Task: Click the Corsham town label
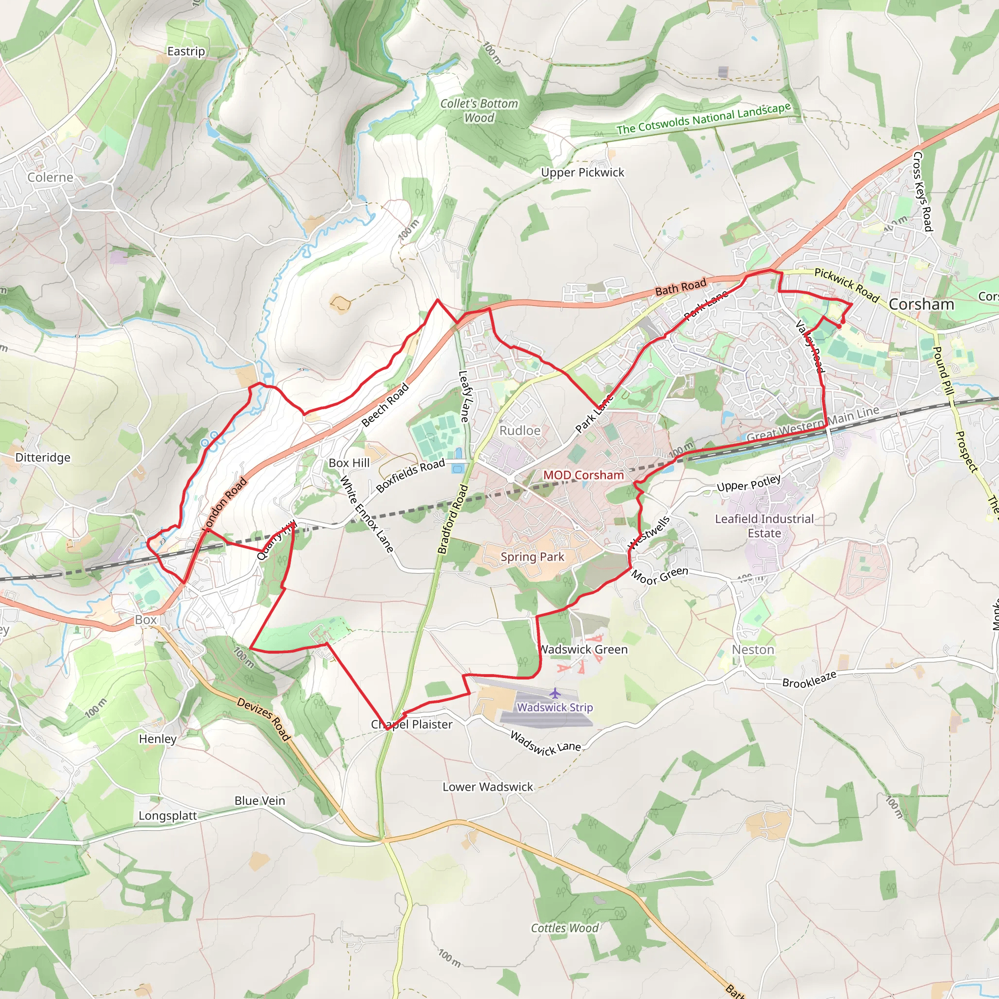click(921, 304)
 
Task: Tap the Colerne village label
click(50, 178)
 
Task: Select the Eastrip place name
click(186, 51)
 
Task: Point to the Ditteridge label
click(43, 458)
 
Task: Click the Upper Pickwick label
click(583, 172)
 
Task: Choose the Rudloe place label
click(519, 431)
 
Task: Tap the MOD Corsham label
click(583, 475)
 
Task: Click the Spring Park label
click(532, 557)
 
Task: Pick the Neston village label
click(753, 649)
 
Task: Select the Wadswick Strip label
click(555, 707)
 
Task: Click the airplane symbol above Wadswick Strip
click(555, 693)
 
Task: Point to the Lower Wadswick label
click(488, 787)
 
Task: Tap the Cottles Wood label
click(565, 928)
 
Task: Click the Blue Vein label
click(260, 801)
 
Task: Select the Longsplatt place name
click(167, 816)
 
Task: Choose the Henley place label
click(158, 739)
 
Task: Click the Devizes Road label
click(264, 719)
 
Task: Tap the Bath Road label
click(680, 287)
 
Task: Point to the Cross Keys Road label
click(922, 191)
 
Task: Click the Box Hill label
click(349, 463)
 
